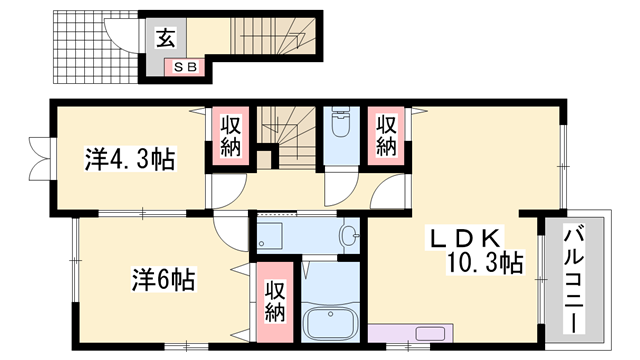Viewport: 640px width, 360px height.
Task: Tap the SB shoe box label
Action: (x=186, y=67)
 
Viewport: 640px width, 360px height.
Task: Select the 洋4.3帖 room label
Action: (x=130, y=159)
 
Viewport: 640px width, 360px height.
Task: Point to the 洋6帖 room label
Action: (x=164, y=280)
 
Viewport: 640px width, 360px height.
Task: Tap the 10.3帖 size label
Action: (x=485, y=263)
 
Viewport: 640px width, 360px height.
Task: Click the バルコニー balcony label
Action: (x=574, y=280)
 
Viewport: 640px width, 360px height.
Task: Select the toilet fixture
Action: (x=341, y=121)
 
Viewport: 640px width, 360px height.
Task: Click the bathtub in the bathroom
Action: (x=331, y=321)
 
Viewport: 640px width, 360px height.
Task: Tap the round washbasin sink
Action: (x=349, y=236)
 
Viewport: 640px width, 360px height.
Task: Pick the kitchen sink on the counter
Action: (x=430, y=333)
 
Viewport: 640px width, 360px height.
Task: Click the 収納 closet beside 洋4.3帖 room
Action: (x=231, y=136)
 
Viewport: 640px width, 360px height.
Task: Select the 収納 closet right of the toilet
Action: (x=386, y=136)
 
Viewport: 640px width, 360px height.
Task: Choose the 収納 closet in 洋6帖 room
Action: (x=275, y=302)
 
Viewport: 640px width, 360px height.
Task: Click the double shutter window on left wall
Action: (x=40, y=158)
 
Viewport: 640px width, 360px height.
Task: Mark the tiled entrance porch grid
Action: (x=96, y=47)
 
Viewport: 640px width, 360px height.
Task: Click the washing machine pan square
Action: (x=270, y=236)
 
